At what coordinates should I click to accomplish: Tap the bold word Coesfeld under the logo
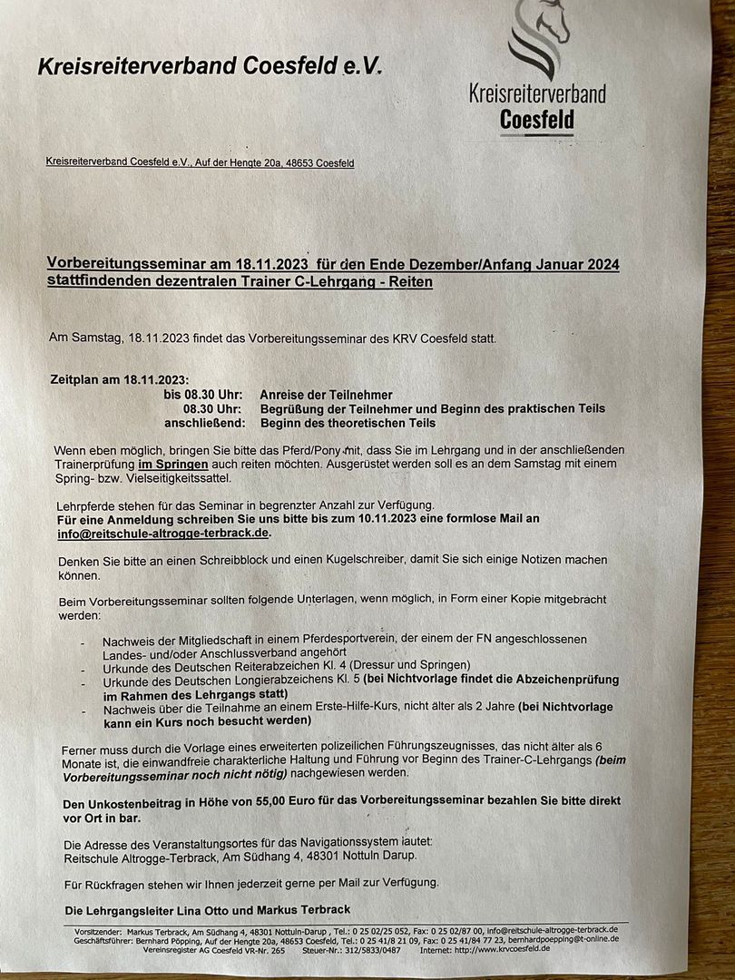pyautogui.click(x=536, y=120)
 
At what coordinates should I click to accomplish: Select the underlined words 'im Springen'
pyautogui.click(x=173, y=464)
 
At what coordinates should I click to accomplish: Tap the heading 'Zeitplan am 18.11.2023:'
pyautogui.click(x=121, y=379)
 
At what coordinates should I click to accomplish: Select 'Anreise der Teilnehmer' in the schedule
pyautogui.click(x=326, y=395)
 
